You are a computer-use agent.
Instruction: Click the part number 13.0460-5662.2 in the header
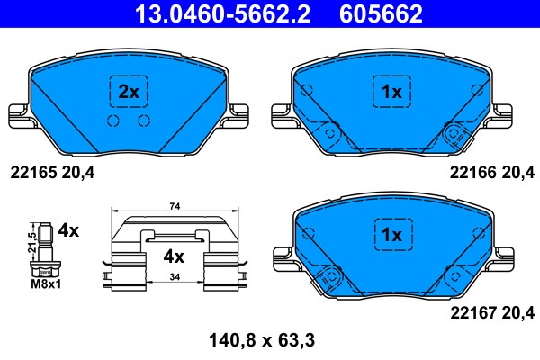222,13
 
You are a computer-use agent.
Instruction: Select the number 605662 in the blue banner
381,13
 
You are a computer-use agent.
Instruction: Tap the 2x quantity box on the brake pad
129,92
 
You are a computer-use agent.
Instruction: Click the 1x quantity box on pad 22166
391,92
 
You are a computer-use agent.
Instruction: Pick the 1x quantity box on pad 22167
393,235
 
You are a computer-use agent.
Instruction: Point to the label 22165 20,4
52,172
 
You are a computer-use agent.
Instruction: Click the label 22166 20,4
492,172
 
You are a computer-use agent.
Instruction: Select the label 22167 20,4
492,313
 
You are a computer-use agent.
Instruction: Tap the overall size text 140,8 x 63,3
262,340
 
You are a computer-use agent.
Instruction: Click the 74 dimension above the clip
175,206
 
